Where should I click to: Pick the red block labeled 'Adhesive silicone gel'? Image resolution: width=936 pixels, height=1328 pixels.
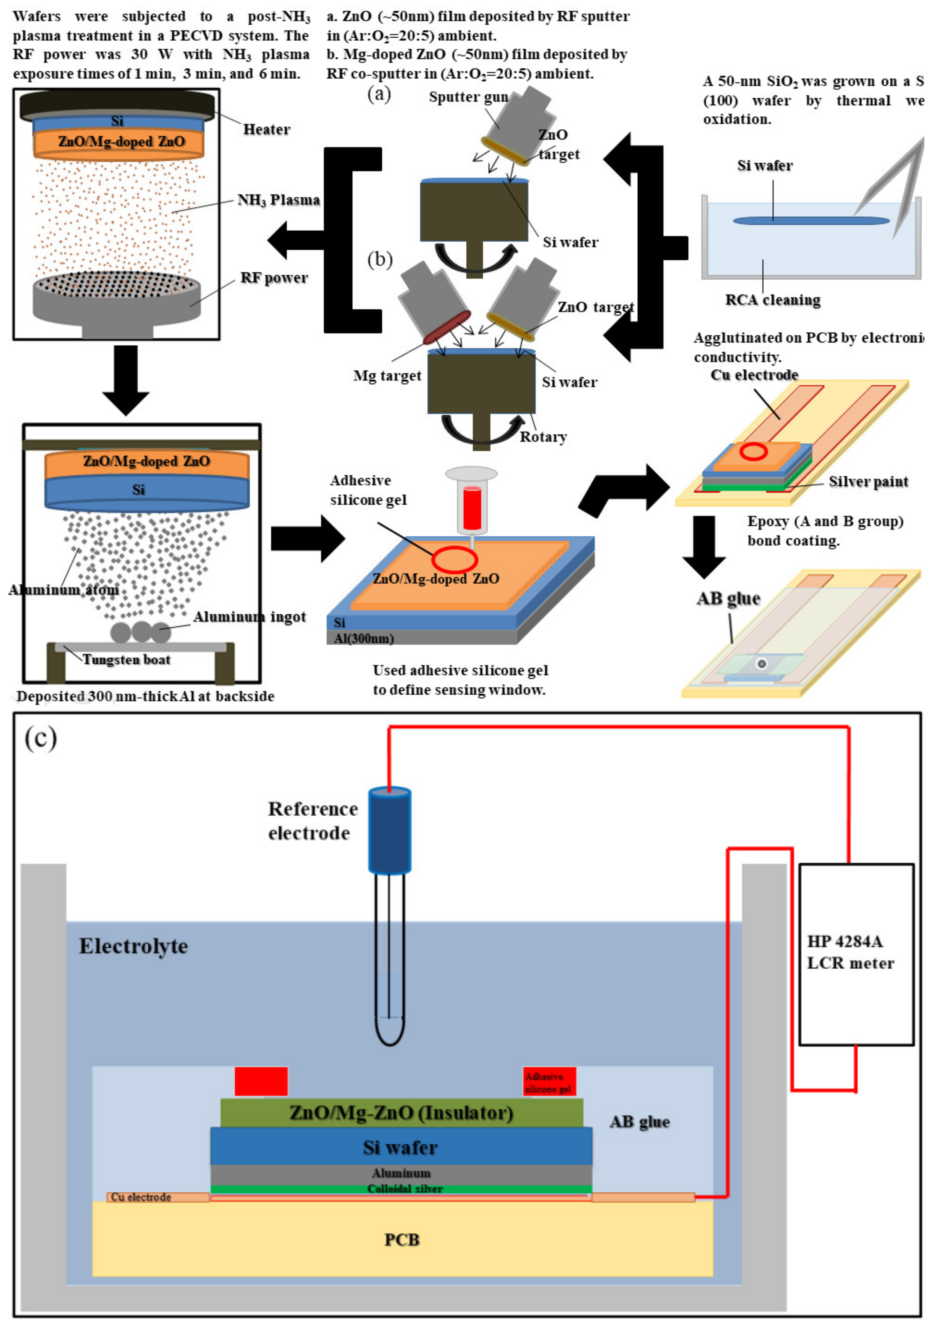549,1082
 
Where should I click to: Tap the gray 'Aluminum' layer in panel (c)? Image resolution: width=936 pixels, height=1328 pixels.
401,1173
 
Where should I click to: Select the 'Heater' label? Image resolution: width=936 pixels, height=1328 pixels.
266,130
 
